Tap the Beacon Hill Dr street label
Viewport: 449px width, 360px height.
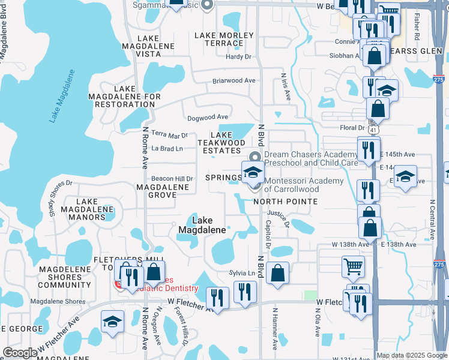(x=172, y=179)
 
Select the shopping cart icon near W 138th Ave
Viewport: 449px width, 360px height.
(x=353, y=266)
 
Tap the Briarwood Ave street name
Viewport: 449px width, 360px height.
(x=234, y=80)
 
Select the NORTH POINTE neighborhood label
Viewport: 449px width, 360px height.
(x=285, y=202)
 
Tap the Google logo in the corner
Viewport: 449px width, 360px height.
(x=20, y=353)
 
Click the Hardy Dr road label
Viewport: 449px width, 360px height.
(x=238, y=56)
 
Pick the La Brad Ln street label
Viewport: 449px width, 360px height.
(x=167, y=148)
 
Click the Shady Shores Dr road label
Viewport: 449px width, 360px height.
(x=60, y=198)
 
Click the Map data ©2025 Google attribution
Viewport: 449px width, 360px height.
(x=412, y=355)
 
